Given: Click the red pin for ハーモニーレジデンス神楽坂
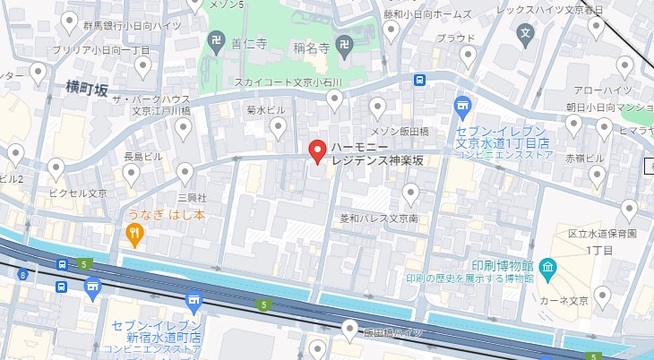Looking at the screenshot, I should pos(316,151).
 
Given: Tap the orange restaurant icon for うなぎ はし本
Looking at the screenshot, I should pos(134,235).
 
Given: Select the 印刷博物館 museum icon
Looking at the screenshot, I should pos(548,267).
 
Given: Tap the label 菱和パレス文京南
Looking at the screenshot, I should pos(378,218).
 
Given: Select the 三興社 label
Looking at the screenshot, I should pos(192,196).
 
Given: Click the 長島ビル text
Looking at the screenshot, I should pos(142,156).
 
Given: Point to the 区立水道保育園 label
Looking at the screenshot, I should pos(602,234).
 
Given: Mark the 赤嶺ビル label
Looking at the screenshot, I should pos(586,159).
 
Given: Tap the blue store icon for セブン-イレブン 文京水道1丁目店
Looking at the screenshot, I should pos(462,106).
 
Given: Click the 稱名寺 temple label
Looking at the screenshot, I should pos(313,47).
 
